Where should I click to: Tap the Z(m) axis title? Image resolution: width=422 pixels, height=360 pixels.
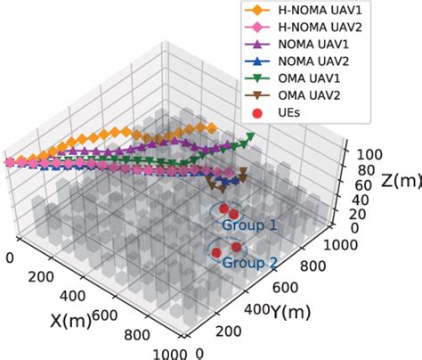(387, 182)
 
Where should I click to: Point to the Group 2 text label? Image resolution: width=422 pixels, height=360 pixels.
(249, 263)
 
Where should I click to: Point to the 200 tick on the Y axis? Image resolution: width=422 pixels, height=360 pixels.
(228, 331)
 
